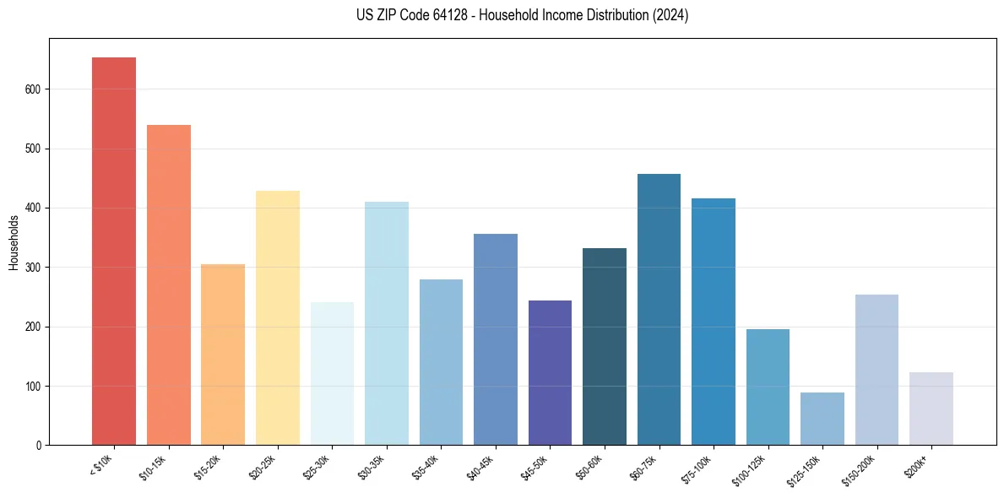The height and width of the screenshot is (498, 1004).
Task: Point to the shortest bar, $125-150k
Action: coord(822,419)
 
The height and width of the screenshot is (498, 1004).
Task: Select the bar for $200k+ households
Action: coord(931,409)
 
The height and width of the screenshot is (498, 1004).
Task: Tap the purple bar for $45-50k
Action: coord(550,372)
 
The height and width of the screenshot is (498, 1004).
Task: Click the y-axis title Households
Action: coord(14,242)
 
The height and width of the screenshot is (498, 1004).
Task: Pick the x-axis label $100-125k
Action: coord(750,468)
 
